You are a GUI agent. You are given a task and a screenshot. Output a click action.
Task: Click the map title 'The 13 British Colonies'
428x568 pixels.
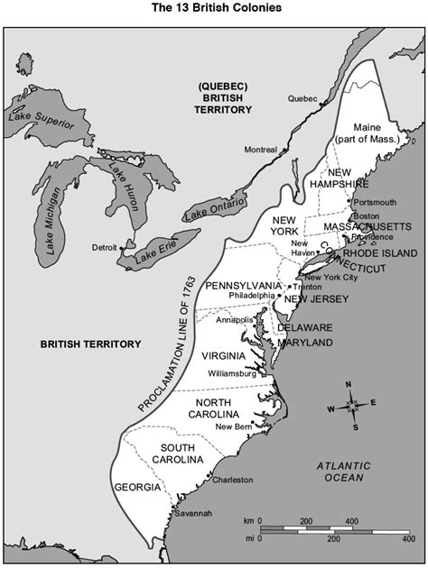tap(214, 7)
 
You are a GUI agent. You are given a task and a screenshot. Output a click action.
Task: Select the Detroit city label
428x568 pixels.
tap(105, 247)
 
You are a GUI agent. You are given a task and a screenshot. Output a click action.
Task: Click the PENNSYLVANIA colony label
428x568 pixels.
tap(243, 286)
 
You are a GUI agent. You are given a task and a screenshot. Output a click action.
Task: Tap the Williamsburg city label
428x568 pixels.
tap(232, 371)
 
